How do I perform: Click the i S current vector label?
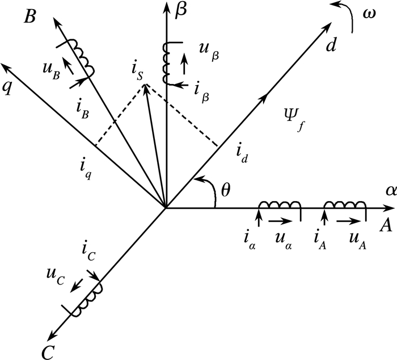(137, 74)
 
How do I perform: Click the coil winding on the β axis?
(167, 61)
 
